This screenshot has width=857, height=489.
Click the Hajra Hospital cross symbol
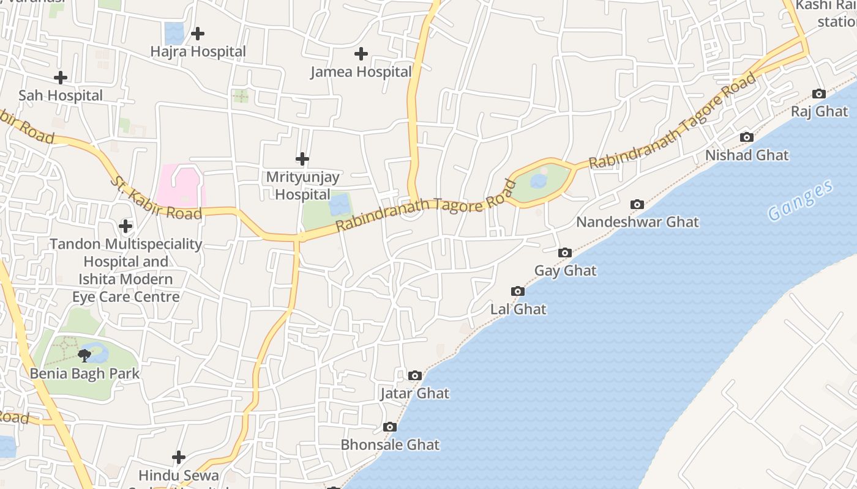click(x=198, y=34)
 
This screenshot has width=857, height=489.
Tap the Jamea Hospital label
click(x=361, y=72)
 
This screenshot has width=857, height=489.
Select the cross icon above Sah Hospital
click(x=61, y=78)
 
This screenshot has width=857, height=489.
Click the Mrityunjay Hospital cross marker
click(x=302, y=159)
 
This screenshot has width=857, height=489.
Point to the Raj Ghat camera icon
click(x=819, y=94)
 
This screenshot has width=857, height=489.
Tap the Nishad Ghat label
click(x=747, y=155)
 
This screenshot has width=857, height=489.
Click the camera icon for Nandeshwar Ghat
click(x=637, y=204)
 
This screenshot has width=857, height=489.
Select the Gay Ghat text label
click(x=565, y=271)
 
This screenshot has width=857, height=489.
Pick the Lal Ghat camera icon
click(x=518, y=292)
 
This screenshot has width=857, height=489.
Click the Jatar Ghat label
click(x=414, y=394)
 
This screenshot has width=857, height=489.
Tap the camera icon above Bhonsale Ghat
click(x=390, y=427)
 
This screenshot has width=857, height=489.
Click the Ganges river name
click(x=801, y=200)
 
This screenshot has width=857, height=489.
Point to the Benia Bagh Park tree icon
click(x=84, y=355)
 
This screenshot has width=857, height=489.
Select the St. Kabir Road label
click(x=156, y=198)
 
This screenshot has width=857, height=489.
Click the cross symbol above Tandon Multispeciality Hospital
click(x=125, y=227)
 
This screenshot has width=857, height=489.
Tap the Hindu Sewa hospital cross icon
click(x=179, y=457)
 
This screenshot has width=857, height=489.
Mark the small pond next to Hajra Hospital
click(x=174, y=33)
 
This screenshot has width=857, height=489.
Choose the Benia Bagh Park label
click(x=85, y=373)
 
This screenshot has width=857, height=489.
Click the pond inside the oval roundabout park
click(x=539, y=181)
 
